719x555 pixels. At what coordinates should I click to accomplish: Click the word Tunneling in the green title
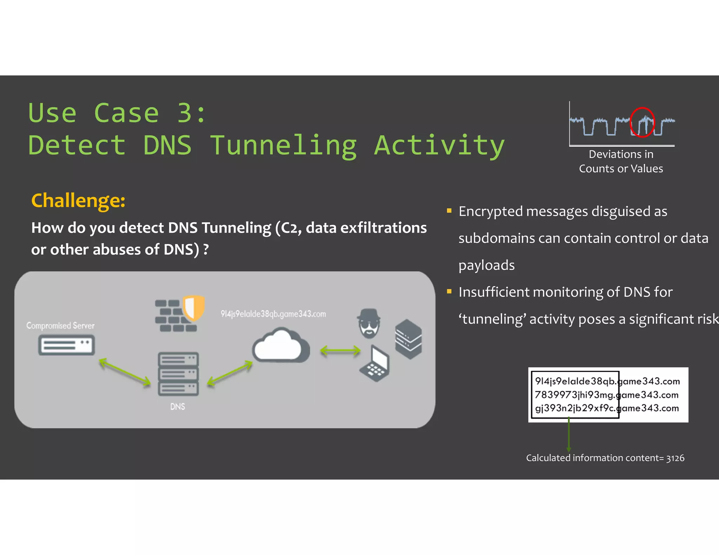284,146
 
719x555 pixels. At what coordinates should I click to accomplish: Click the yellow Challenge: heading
78,200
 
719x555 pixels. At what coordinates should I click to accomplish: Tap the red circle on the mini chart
642,122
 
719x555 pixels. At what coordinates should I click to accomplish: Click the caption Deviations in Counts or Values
621,161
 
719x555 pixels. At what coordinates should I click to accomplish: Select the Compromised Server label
60,326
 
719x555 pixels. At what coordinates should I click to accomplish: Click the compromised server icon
66,345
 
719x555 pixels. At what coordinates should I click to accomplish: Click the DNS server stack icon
178,374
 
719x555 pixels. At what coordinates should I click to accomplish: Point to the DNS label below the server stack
177,407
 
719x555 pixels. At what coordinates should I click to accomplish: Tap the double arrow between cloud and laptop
340,350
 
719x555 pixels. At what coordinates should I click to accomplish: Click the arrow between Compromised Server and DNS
125,372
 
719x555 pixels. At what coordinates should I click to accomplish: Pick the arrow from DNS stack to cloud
230,373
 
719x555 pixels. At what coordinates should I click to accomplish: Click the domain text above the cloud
273,314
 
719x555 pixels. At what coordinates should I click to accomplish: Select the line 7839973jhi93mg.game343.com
606,395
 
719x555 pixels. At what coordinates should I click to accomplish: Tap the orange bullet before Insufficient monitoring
449,291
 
